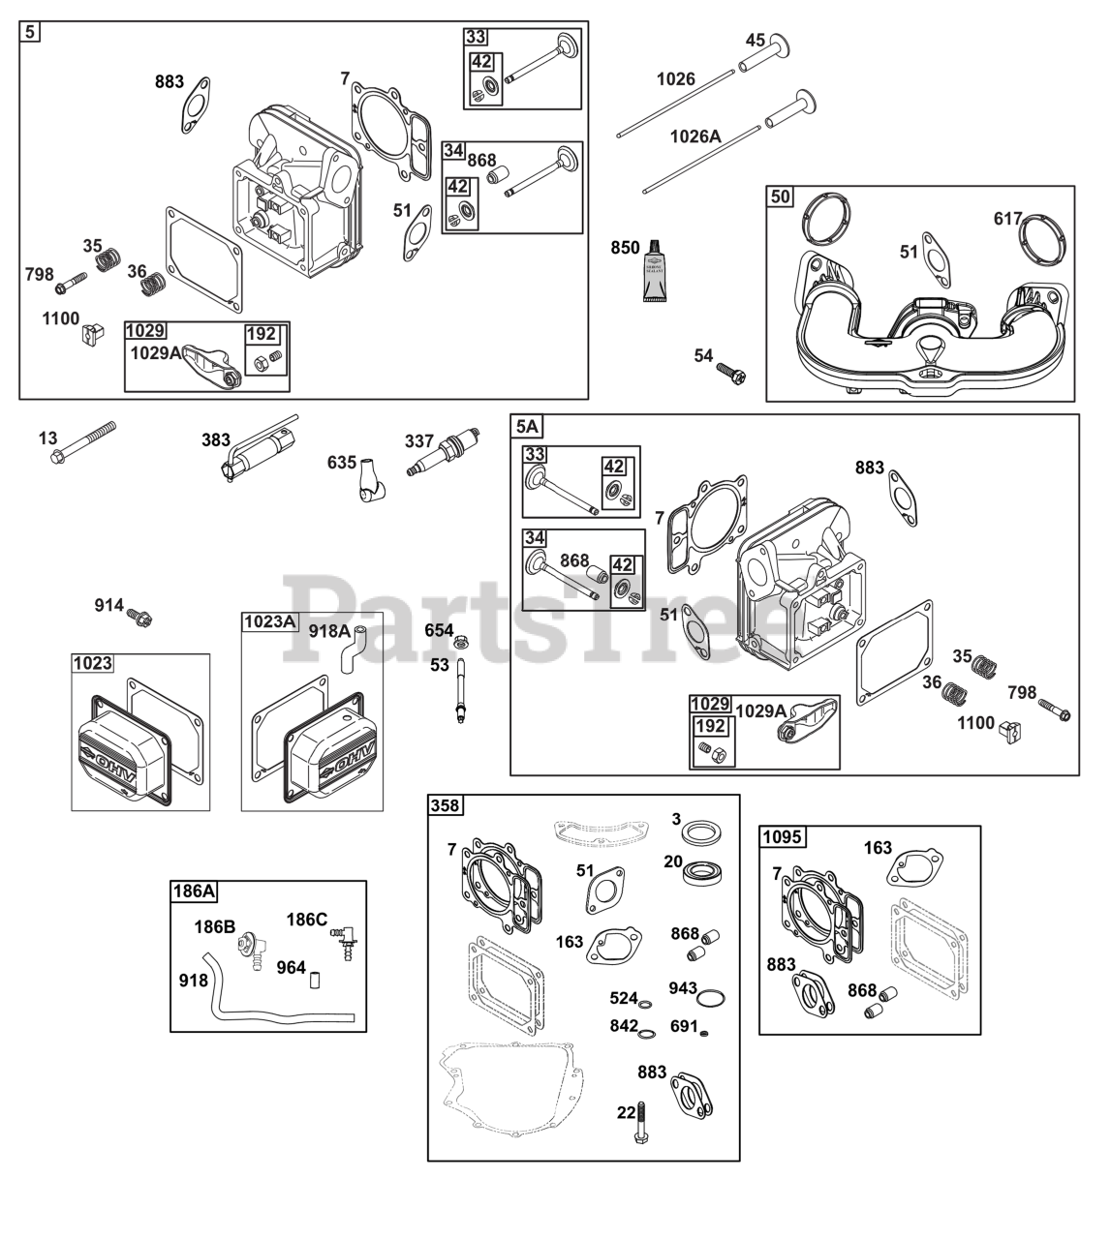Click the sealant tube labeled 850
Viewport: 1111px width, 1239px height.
pyautogui.click(x=656, y=270)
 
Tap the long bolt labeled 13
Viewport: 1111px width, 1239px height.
pyautogui.click(x=82, y=441)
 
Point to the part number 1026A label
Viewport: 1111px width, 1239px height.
pyautogui.click(x=695, y=136)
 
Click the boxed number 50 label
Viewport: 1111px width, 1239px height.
pyautogui.click(x=780, y=197)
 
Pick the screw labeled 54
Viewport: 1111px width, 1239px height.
pyautogui.click(x=730, y=372)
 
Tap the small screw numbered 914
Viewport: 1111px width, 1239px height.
pyautogui.click(x=142, y=616)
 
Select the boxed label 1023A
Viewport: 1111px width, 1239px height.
pyautogui.click(x=269, y=621)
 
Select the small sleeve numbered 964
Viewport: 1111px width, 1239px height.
pyautogui.click(x=315, y=981)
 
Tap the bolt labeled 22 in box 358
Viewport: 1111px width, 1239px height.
pyautogui.click(x=641, y=1125)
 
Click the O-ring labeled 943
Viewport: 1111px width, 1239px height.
pyautogui.click(x=711, y=1000)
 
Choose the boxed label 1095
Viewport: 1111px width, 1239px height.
pyautogui.click(x=784, y=836)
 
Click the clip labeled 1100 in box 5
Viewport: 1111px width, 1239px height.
pyautogui.click(x=93, y=334)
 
